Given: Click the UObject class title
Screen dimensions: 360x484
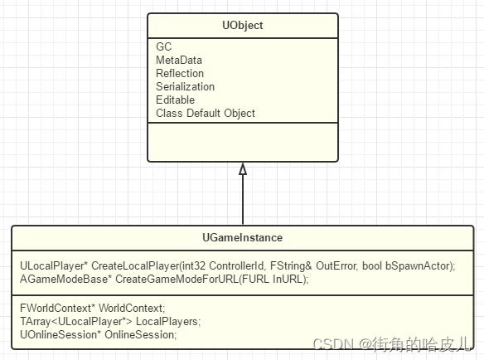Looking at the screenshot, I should [242, 26].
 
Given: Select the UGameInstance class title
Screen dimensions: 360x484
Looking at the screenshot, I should [243, 237].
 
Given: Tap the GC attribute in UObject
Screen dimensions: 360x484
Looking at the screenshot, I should [163, 46].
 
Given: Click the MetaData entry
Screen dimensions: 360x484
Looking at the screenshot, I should [178, 60].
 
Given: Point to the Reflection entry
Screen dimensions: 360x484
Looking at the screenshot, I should [179, 73].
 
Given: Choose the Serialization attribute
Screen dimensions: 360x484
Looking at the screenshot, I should [185, 86].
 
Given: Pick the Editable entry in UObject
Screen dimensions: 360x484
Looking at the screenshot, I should [175, 100].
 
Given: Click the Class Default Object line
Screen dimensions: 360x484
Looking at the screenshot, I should [206, 113].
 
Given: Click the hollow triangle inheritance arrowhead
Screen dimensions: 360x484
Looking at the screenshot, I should [243, 169].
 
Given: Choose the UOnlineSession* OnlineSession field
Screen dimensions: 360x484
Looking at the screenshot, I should [98, 334].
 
